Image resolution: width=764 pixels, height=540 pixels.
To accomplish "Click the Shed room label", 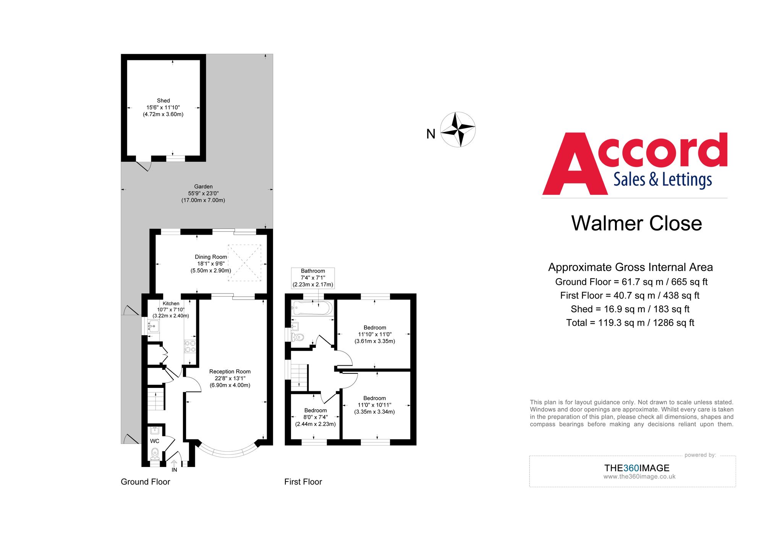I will (x=163, y=101).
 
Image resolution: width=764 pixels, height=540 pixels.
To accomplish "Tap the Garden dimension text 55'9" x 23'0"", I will (x=203, y=193).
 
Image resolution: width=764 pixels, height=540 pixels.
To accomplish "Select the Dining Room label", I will (x=211, y=257).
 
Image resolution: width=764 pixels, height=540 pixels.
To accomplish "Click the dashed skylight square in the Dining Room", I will (x=244, y=263).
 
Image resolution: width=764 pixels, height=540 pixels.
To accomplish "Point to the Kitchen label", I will (x=171, y=303).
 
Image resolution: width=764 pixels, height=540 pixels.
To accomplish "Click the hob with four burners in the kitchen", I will (x=190, y=346).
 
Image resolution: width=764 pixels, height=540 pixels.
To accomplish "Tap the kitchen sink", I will (x=154, y=326).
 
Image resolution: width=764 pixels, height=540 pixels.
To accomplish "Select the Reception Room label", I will (x=230, y=371).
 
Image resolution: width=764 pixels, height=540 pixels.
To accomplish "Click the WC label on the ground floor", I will (x=155, y=441).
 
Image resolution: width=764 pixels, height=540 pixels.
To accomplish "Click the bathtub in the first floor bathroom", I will (x=312, y=308).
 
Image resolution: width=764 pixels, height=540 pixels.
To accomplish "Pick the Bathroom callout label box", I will (x=313, y=278).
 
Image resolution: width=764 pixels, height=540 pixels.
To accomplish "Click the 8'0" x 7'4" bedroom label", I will (x=316, y=417).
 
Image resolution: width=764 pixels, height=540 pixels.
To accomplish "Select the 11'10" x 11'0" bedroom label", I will (x=375, y=334).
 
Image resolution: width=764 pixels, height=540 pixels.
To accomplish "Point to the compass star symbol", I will (x=458, y=130).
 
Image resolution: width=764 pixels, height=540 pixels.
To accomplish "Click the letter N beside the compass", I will (x=431, y=134).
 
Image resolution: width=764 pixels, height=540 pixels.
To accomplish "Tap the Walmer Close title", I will (x=636, y=223).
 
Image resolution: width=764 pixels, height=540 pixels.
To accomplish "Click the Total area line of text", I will (x=630, y=323).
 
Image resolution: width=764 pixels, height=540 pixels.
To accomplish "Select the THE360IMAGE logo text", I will (x=636, y=468).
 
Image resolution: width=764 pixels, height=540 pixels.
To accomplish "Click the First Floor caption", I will (x=303, y=482).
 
